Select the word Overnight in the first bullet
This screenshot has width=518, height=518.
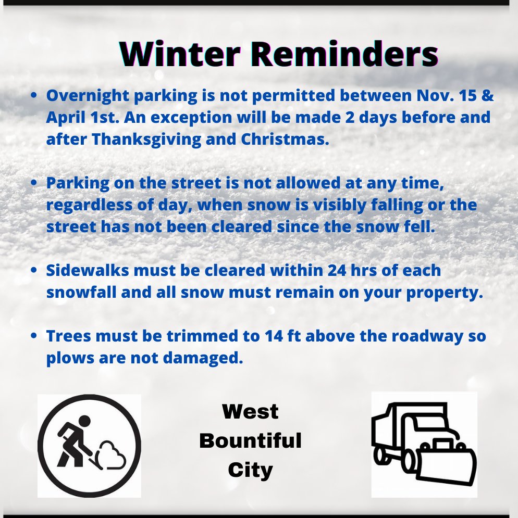[82, 96]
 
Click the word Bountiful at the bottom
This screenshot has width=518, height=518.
[250, 441]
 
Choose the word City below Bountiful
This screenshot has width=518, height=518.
[250, 470]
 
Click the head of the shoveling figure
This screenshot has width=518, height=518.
[84, 420]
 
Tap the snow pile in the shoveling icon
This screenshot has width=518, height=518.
[112, 453]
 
